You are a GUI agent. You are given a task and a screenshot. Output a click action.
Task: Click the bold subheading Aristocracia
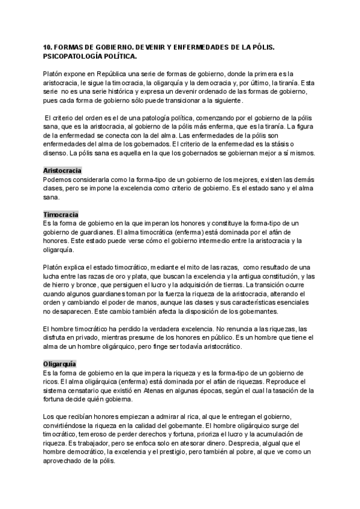pos(62,170)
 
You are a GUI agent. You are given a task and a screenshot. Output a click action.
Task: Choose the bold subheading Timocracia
pos(61,214)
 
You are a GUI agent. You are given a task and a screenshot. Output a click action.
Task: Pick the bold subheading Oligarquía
pos(60,364)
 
